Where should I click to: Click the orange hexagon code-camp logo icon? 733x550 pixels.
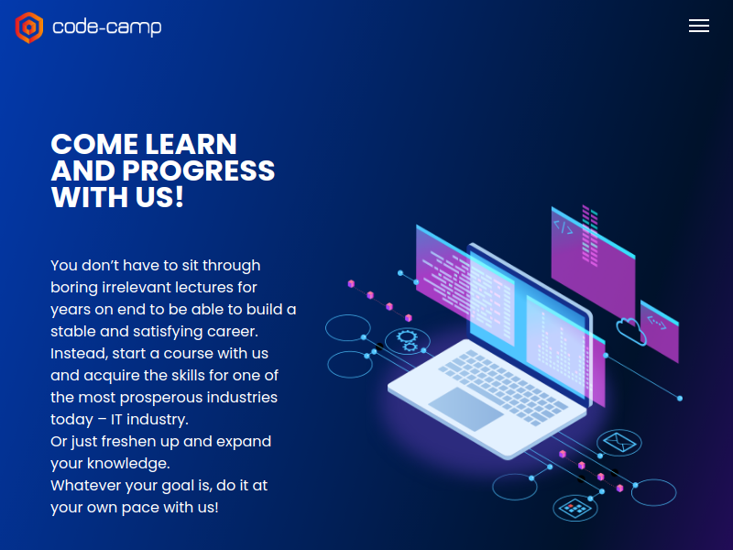coord(29,27)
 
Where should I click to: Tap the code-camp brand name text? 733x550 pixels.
coord(107,27)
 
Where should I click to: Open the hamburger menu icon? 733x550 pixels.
coord(699,27)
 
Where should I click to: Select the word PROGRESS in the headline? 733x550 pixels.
coord(199,170)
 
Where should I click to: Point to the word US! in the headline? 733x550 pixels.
coord(159,197)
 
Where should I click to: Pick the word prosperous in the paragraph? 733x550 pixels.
coord(161,398)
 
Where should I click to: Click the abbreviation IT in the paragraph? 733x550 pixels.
coord(116,420)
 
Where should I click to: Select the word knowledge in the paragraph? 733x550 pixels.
coord(128,464)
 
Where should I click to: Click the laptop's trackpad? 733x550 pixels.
coord(466,409)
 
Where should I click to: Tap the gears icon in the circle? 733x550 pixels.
coord(407,340)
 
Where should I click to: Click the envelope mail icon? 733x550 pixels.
coord(619,442)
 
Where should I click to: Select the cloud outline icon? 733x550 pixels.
coord(631,331)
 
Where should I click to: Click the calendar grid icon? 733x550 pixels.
coord(575,508)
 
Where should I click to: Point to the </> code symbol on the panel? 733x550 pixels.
coord(563,227)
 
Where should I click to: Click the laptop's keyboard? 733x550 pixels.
coord(503,387)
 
